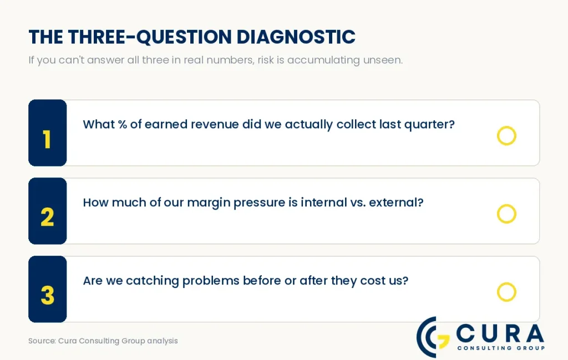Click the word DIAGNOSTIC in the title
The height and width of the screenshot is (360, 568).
(296, 37)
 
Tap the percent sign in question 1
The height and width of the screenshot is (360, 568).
(123, 124)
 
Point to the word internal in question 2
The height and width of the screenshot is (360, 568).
(324, 202)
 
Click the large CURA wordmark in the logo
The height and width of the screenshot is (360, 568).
(500, 333)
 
